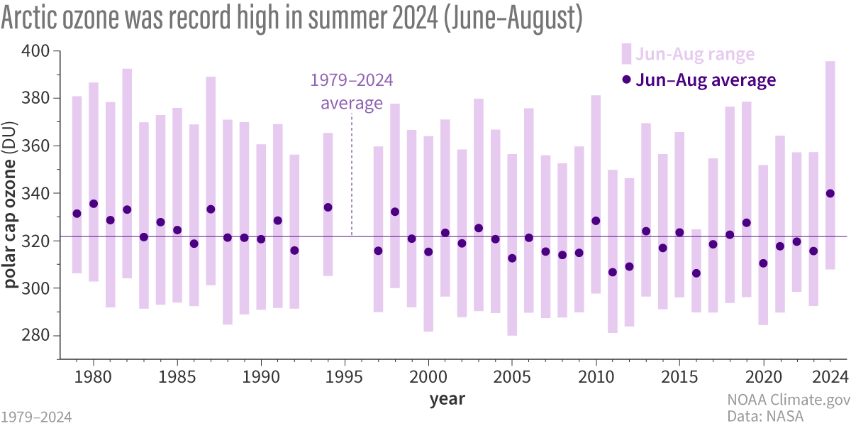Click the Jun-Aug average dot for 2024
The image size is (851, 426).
pyautogui.click(x=830, y=193)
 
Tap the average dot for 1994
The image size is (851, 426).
pyautogui.click(x=328, y=207)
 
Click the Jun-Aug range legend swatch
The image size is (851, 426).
pyautogui.click(x=626, y=54)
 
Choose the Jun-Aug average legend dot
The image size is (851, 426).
pyautogui.click(x=626, y=80)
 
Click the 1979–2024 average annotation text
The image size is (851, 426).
pyautogui.click(x=352, y=92)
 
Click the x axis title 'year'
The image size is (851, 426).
pyautogui.click(x=447, y=398)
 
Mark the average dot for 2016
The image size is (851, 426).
pyautogui.click(x=696, y=273)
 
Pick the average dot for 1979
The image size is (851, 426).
pyautogui.click(x=77, y=214)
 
